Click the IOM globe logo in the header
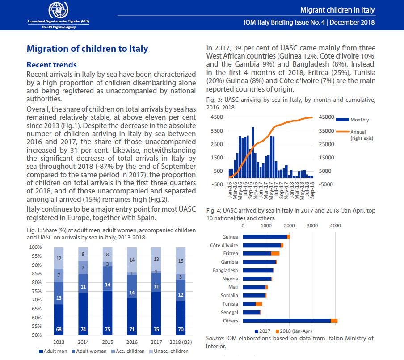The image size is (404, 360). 59,10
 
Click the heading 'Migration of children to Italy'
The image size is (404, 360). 87,49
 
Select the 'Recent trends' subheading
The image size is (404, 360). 51,65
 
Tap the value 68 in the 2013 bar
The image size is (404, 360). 59,329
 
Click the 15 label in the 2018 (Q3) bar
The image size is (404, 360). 181,261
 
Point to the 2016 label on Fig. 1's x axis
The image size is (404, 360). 132,342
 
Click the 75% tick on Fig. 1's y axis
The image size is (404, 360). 36,291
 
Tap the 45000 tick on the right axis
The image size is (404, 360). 326,117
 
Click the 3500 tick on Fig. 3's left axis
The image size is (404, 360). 217,131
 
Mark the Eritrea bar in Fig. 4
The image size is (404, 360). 261,254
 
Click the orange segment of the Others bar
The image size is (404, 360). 334,321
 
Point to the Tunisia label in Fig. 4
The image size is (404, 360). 230,304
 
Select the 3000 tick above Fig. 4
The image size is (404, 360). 312,226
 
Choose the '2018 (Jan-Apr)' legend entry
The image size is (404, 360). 294,331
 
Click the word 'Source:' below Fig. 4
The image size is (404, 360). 215,339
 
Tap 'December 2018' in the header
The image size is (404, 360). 352,22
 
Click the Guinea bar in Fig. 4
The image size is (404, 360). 266,237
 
